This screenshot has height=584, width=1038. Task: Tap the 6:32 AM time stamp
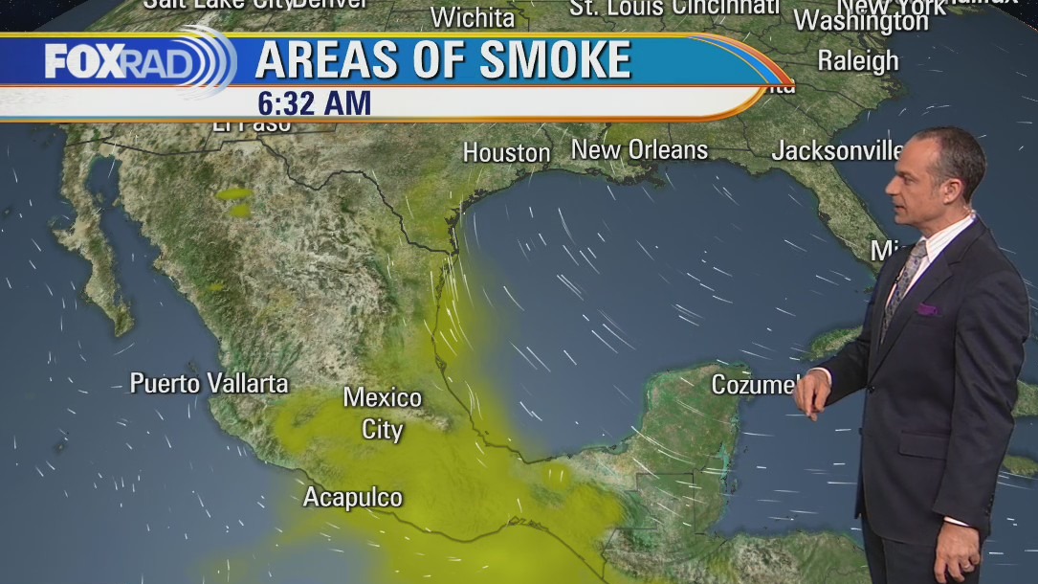point(313,102)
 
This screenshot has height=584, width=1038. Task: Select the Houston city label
point(506,152)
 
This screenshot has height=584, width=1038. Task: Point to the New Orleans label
point(639,149)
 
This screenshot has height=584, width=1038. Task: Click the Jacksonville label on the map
point(837,150)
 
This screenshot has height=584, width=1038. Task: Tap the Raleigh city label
point(857,60)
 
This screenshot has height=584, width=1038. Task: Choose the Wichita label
point(473,17)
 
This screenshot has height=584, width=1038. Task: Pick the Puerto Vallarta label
point(209,384)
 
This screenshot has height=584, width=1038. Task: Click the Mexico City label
point(383,413)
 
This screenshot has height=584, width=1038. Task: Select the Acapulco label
point(352,498)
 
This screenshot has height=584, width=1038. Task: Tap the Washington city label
point(860,20)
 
